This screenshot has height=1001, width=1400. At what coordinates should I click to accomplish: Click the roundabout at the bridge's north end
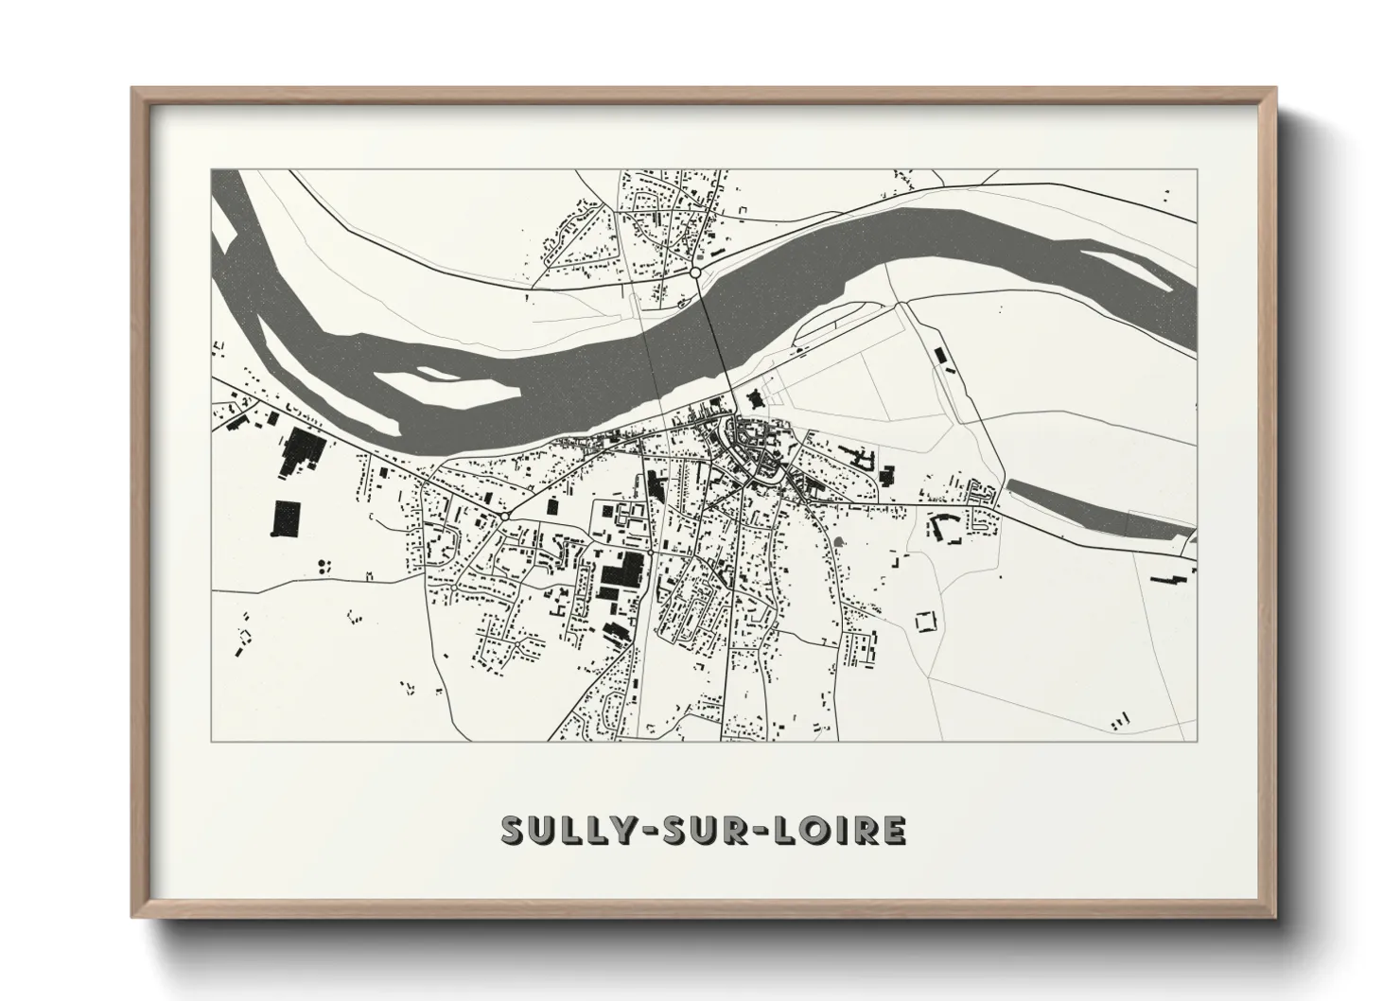[x=695, y=272]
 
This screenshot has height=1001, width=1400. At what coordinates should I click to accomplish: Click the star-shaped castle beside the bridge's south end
[x=754, y=397]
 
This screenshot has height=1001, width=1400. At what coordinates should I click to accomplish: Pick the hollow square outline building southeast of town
[x=924, y=622]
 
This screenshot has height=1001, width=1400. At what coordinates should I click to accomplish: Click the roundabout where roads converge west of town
[x=507, y=516]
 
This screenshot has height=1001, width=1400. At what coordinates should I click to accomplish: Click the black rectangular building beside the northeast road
[x=939, y=355]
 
